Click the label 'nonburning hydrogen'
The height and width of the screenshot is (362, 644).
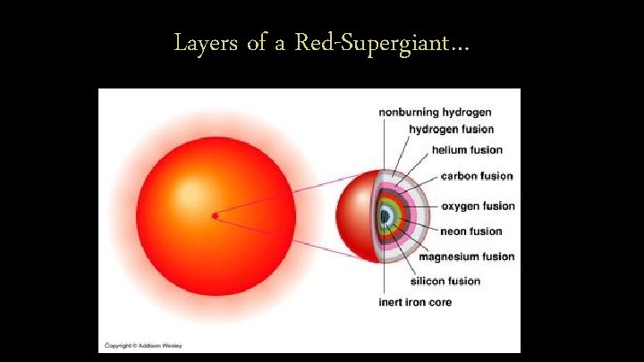tap(435, 113)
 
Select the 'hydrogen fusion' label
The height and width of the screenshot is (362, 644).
tap(452, 130)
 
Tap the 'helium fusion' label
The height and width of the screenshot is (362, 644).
tap(467, 150)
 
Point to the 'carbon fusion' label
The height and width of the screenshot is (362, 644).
tap(477, 176)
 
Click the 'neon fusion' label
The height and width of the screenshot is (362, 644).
tap(470, 232)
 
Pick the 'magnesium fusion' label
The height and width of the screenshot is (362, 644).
tap(467, 257)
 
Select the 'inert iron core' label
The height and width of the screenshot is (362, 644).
tap(415, 302)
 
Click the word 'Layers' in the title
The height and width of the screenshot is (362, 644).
tap(206, 42)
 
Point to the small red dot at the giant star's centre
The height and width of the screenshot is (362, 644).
tap(215, 215)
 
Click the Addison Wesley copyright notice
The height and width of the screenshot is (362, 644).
tap(139, 344)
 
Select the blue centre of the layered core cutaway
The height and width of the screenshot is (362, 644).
tap(386, 215)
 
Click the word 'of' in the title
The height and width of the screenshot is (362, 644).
tap(258, 42)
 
